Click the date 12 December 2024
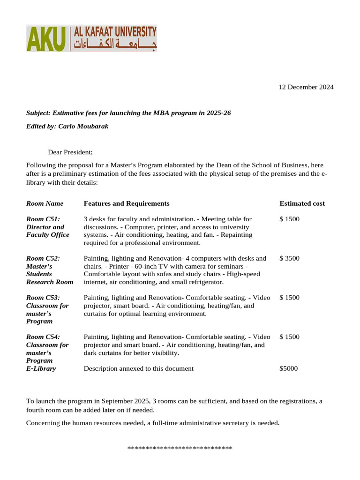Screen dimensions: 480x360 [306, 87]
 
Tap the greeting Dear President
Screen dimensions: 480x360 [70, 152]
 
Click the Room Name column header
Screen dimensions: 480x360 [45, 203]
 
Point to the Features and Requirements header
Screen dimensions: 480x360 [127, 203]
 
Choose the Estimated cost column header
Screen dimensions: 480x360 [302, 203]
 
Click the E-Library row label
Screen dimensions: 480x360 [41, 368]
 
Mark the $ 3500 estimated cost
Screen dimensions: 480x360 [289, 258]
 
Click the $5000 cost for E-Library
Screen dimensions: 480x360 [288, 368]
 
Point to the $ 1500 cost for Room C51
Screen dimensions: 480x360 [289, 219]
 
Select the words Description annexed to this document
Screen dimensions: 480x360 [138, 368]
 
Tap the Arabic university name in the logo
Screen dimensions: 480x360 [114, 45]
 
